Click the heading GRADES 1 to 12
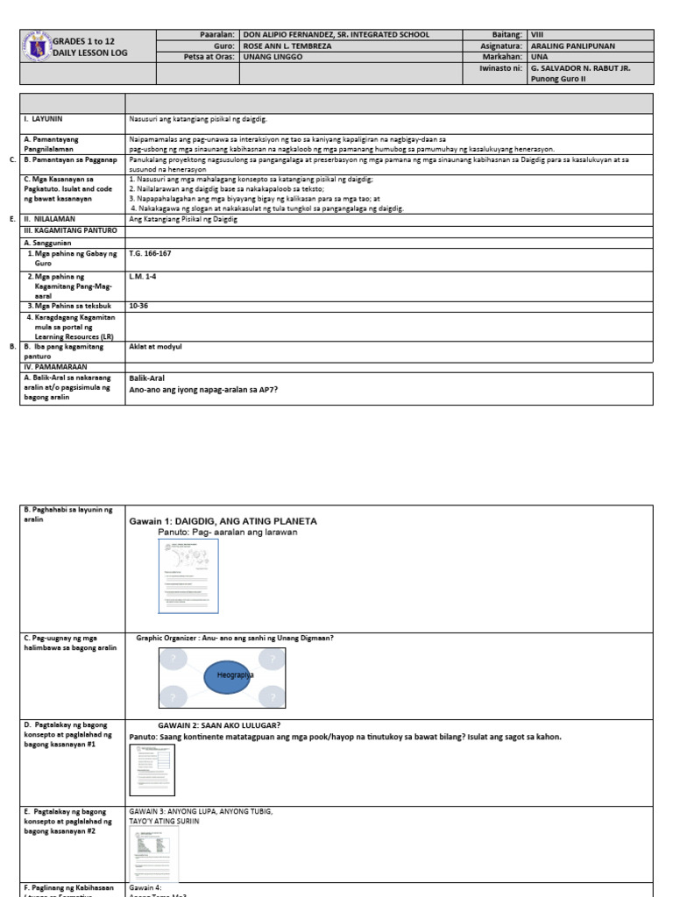(84, 41)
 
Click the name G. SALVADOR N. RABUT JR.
(580, 67)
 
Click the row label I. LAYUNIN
(43, 117)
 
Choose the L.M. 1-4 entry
(142, 276)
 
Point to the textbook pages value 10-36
(138, 306)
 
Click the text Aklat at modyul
(155, 347)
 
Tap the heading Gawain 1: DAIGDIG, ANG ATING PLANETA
(223, 521)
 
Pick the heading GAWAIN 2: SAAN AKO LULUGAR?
(219, 725)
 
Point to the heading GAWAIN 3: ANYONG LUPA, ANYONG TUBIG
(201, 811)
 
